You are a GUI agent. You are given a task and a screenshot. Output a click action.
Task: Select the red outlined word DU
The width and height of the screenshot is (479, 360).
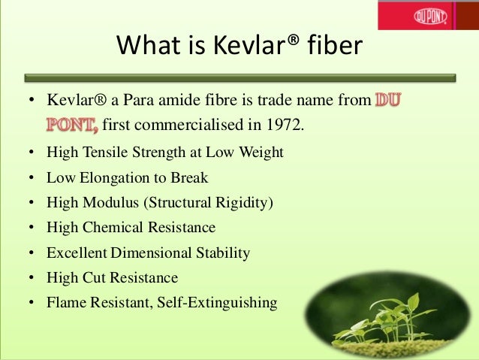[x=387, y=100]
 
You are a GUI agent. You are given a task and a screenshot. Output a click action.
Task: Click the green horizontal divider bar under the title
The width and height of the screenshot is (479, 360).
[x=239, y=77]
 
